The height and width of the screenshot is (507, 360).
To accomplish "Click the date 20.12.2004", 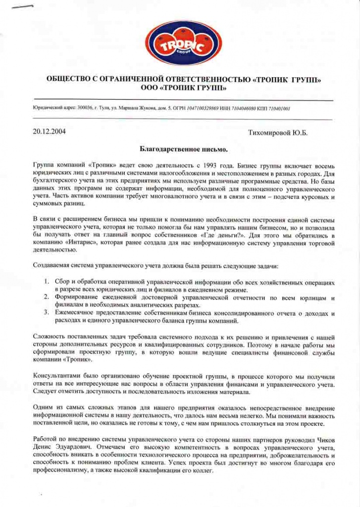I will click(49, 132).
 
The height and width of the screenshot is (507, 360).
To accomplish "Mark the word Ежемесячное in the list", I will click(77, 313).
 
